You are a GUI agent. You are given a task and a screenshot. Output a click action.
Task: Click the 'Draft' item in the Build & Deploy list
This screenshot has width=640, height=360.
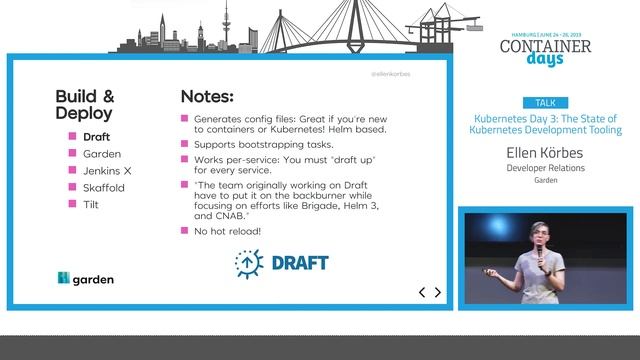(x=97, y=137)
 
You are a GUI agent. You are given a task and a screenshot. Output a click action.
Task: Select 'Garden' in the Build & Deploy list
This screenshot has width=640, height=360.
(x=102, y=154)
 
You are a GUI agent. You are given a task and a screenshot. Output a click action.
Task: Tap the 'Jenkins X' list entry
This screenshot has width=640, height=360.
(x=107, y=171)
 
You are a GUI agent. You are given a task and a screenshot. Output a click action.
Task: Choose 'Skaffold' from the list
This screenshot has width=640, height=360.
(x=104, y=188)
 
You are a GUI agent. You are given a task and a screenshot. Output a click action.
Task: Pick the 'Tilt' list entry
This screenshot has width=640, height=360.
(x=91, y=205)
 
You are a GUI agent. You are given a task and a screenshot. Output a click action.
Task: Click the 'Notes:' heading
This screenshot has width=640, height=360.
(x=207, y=97)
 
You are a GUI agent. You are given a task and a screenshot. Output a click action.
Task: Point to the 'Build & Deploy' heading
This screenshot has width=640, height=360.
(x=85, y=105)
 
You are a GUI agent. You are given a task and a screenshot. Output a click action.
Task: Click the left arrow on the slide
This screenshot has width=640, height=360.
(x=422, y=292)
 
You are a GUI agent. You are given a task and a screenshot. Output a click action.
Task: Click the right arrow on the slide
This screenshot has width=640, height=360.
(x=437, y=292)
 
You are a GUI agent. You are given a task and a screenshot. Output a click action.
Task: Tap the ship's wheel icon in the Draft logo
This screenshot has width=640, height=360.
(x=245, y=263)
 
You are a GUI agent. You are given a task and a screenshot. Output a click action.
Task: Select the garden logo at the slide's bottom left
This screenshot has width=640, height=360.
(x=85, y=279)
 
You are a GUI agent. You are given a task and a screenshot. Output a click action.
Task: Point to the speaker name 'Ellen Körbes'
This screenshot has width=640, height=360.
(x=544, y=153)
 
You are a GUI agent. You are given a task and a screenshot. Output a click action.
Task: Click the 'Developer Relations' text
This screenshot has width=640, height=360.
(x=544, y=168)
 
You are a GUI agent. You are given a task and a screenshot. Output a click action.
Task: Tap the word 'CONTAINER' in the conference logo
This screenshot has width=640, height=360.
(x=545, y=45)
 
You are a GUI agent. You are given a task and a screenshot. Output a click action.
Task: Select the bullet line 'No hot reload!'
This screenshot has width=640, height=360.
(x=227, y=231)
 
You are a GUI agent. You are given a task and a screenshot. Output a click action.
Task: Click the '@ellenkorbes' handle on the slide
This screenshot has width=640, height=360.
(x=390, y=74)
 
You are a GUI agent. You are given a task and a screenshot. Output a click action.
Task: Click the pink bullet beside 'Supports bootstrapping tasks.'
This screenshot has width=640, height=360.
(x=185, y=144)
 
